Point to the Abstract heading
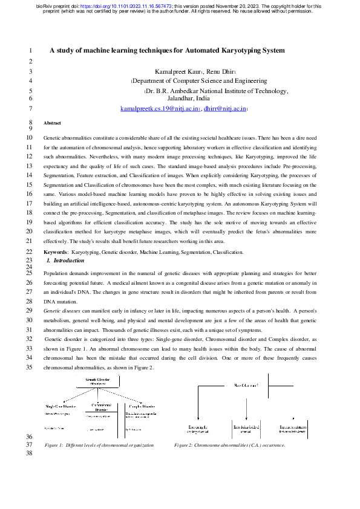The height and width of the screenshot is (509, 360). coord(53,123)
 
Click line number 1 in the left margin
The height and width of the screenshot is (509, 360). coord(31,51)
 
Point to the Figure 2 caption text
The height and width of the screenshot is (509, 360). coord(229,445)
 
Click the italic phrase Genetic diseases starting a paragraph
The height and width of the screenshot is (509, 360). coord(62,310)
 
